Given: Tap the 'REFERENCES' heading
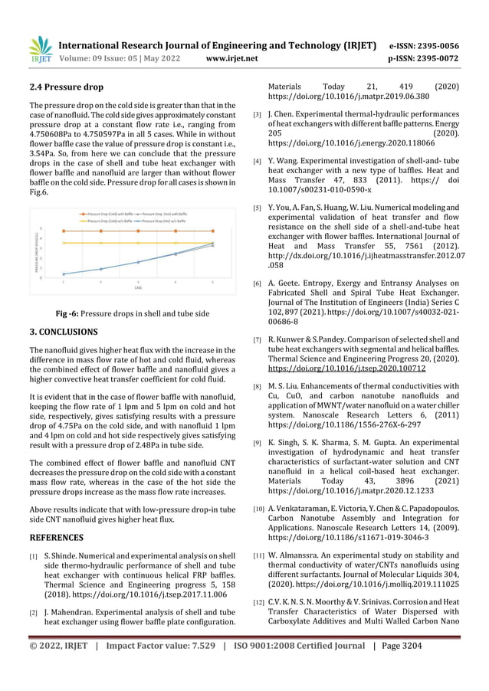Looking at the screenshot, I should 56,537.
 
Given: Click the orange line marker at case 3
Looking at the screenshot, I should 138,231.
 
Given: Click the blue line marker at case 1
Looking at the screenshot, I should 64,273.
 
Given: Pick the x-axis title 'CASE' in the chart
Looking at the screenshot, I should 138,288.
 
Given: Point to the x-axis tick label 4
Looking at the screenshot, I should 176,282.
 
